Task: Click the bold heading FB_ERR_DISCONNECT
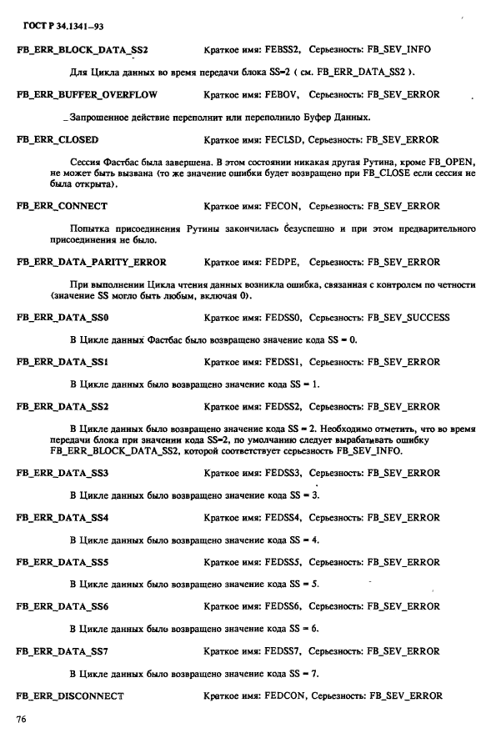70,695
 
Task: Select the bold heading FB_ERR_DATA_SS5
63,562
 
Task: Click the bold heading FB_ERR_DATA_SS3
63,474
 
